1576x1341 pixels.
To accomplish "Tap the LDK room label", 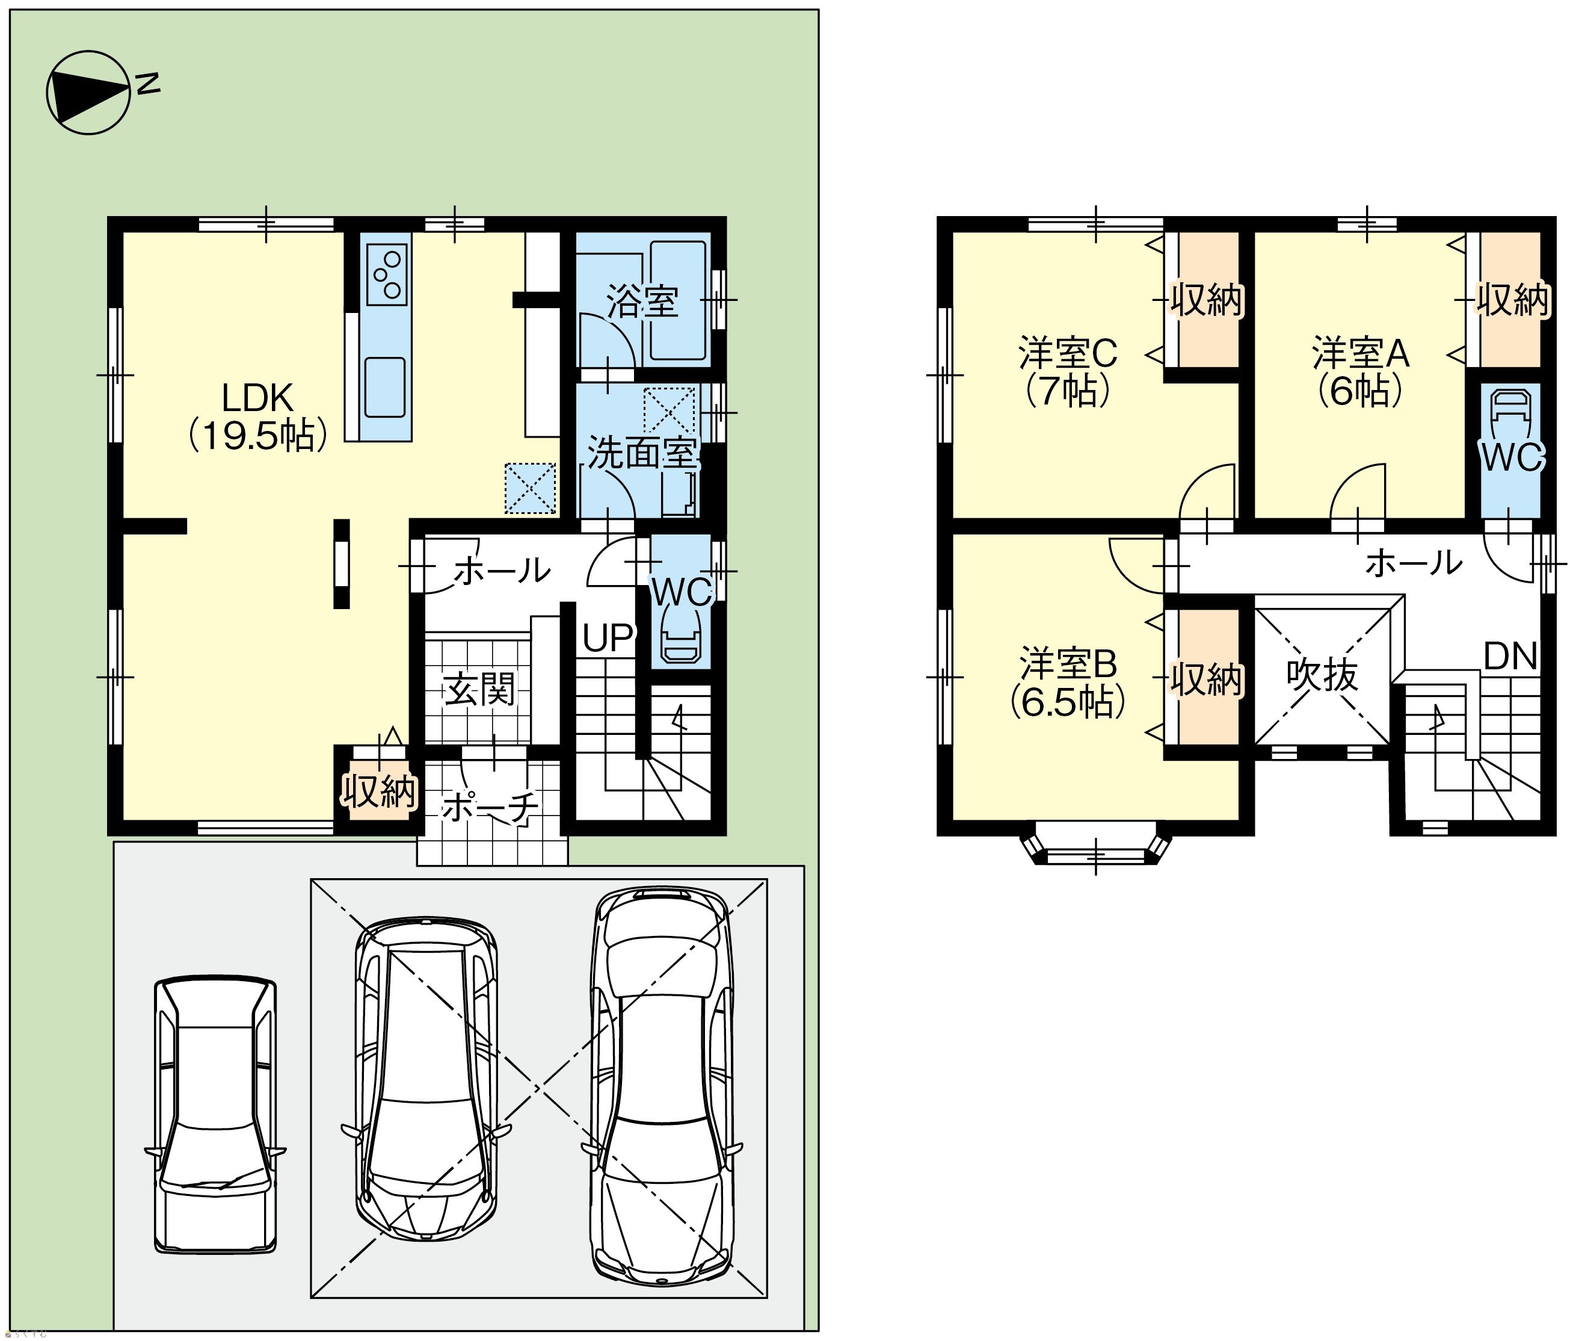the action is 257,417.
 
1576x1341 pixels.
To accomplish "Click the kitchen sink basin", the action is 384,387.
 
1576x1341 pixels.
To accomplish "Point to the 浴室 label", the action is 642,302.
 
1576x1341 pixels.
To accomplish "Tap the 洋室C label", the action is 1068,353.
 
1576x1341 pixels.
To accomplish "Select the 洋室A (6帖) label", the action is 1360,372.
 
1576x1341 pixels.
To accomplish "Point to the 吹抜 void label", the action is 1322,674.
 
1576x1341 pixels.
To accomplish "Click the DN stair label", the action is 1510,656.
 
